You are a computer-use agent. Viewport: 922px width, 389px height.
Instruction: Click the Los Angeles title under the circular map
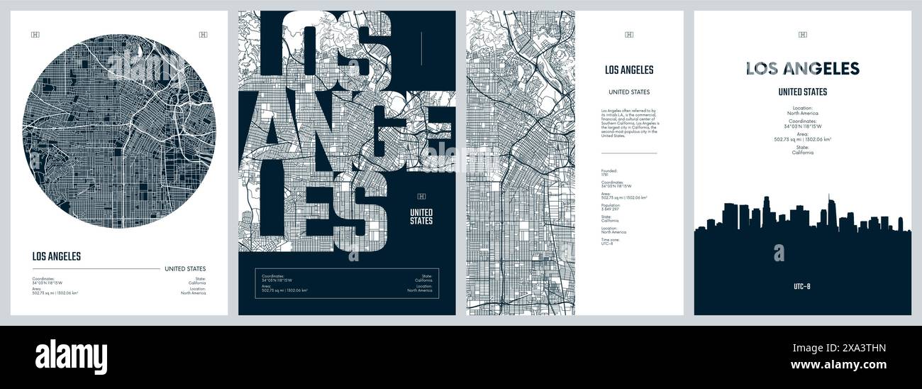[x=57, y=257]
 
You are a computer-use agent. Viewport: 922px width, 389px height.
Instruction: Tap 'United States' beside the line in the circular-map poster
[x=185, y=269]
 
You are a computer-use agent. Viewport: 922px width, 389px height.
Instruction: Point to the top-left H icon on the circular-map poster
[x=35, y=35]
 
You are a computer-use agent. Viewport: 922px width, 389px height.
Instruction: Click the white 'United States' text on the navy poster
[x=421, y=216]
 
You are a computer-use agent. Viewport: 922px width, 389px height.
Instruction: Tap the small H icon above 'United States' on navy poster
[x=421, y=196]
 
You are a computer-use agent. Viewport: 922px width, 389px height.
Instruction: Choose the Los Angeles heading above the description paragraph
[x=629, y=70]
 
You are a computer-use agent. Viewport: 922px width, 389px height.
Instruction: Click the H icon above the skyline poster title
[x=802, y=35]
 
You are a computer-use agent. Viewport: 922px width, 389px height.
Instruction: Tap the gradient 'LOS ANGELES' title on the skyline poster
[x=802, y=69]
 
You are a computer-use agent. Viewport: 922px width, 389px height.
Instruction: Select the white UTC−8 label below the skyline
[x=801, y=287]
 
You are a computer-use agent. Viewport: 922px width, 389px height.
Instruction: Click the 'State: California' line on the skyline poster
[x=802, y=151]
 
